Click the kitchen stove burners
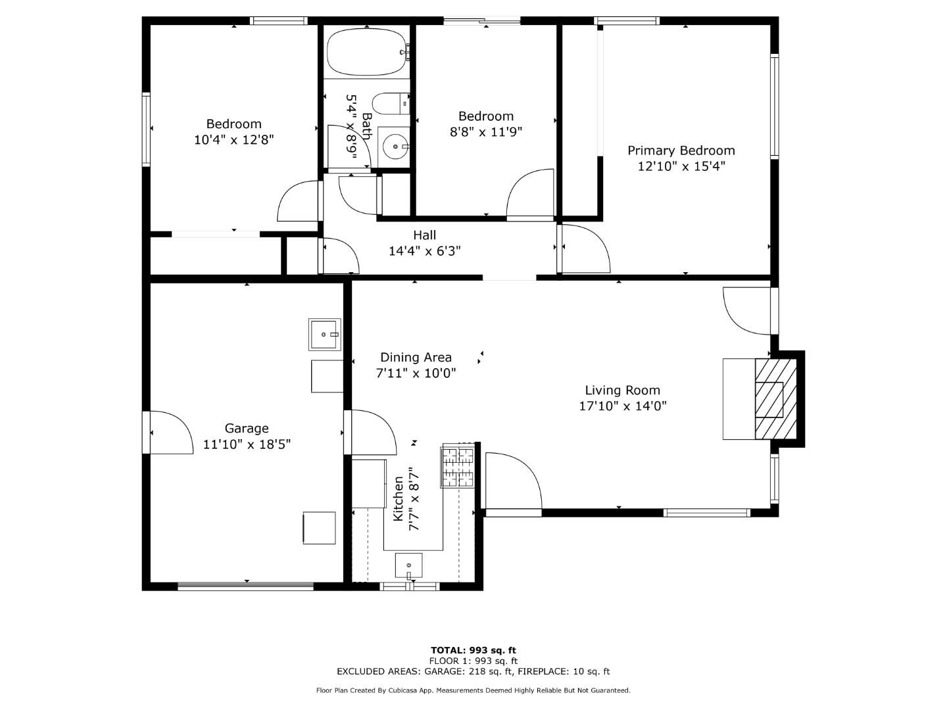tap(458, 466)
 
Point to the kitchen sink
tap(408, 565)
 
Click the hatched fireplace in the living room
tap(769, 399)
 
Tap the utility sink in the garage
tap(325, 334)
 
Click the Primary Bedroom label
tap(681, 151)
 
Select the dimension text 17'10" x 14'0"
tap(622, 406)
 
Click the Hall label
tap(424, 235)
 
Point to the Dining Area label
tap(416, 358)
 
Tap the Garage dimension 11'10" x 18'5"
tap(247, 444)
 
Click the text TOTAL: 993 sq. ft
tap(473, 650)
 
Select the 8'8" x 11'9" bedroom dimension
tap(486, 132)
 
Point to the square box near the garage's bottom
tap(319, 528)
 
